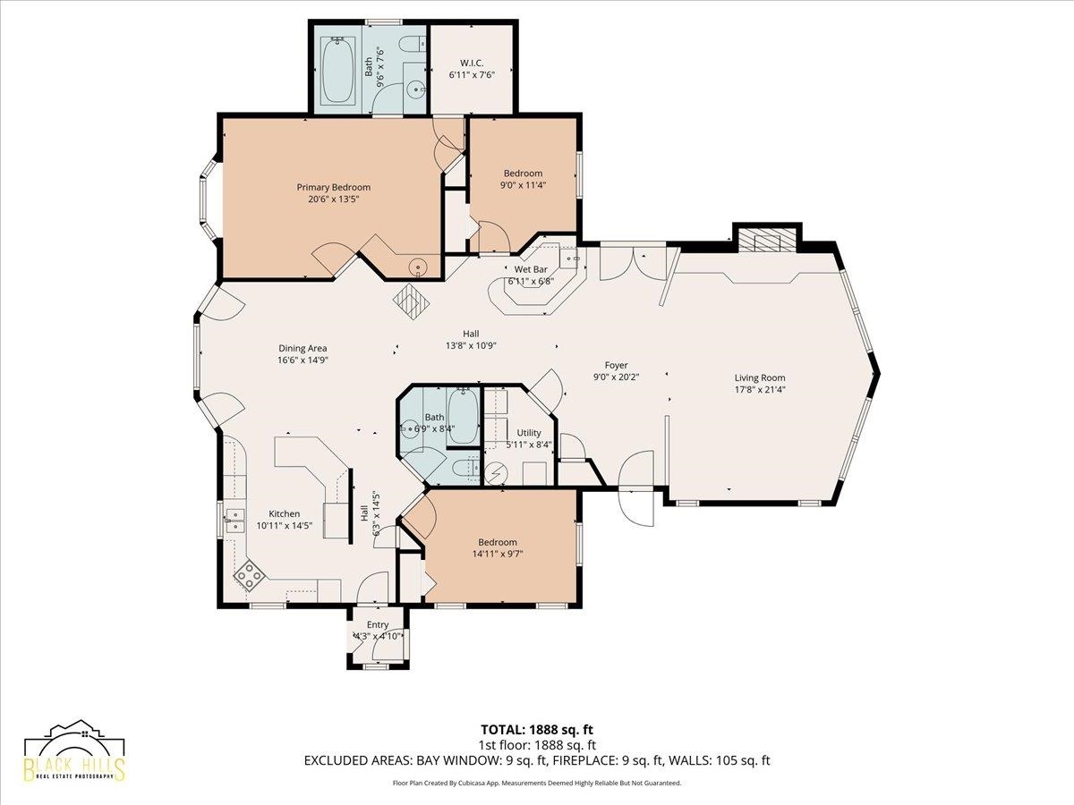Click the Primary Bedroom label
[x=333, y=187]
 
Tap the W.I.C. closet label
[x=472, y=63]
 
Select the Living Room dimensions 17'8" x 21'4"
[x=759, y=390]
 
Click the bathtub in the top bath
[x=338, y=70]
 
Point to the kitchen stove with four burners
[x=250, y=575]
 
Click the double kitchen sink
[x=235, y=521]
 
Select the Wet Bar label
[x=531, y=269]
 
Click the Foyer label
[x=616, y=365]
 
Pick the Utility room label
[x=529, y=433]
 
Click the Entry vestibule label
[x=378, y=624]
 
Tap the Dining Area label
[x=303, y=348]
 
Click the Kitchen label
[x=285, y=513]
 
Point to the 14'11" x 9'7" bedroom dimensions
[x=498, y=554]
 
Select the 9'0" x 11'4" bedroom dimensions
[x=523, y=185]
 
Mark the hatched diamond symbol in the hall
[x=411, y=302]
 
